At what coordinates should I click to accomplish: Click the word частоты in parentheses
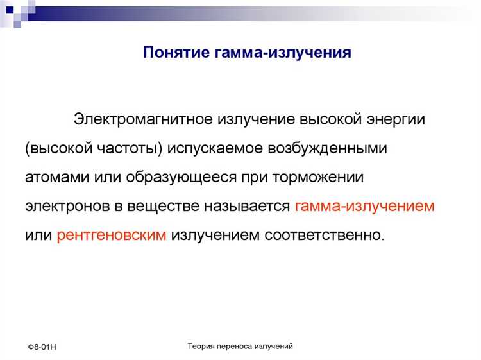click(x=135, y=149)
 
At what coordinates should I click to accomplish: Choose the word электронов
click(x=66, y=207)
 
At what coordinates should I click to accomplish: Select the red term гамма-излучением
click(x=366, y=207)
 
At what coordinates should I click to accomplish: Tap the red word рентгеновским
click(x=112, y=236)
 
